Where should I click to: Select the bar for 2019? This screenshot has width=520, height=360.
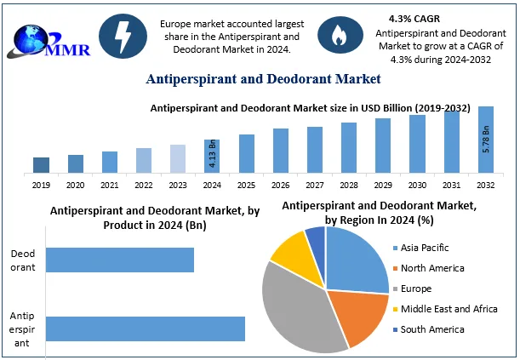click(41, 164)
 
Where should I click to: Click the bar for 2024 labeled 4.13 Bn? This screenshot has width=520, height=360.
click(212, 156)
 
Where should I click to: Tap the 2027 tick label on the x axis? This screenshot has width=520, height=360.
click(315, 183)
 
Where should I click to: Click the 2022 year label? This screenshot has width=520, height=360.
click(144, 183)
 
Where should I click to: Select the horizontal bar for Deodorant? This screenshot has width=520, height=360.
click(120, 260)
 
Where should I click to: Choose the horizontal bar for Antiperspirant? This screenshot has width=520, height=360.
click(146, 329)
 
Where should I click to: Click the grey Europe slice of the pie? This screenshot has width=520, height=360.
click(294, 311)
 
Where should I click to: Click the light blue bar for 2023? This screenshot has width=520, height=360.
click(178, 158)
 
